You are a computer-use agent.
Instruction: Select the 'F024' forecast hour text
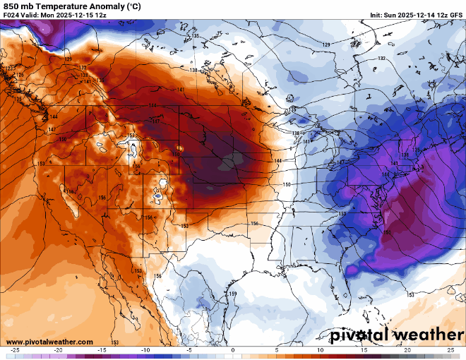tap(12, 16)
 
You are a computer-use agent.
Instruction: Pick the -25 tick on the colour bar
tap(15, 350)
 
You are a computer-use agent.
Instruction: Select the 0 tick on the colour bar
tap(233, 350)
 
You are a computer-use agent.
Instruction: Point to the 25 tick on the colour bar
tap(450, 350)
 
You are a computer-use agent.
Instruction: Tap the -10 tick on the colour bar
tap(145, 350)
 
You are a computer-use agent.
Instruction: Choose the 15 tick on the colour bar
tap(364, 350)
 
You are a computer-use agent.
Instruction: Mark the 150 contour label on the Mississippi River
tap(287, 184)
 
